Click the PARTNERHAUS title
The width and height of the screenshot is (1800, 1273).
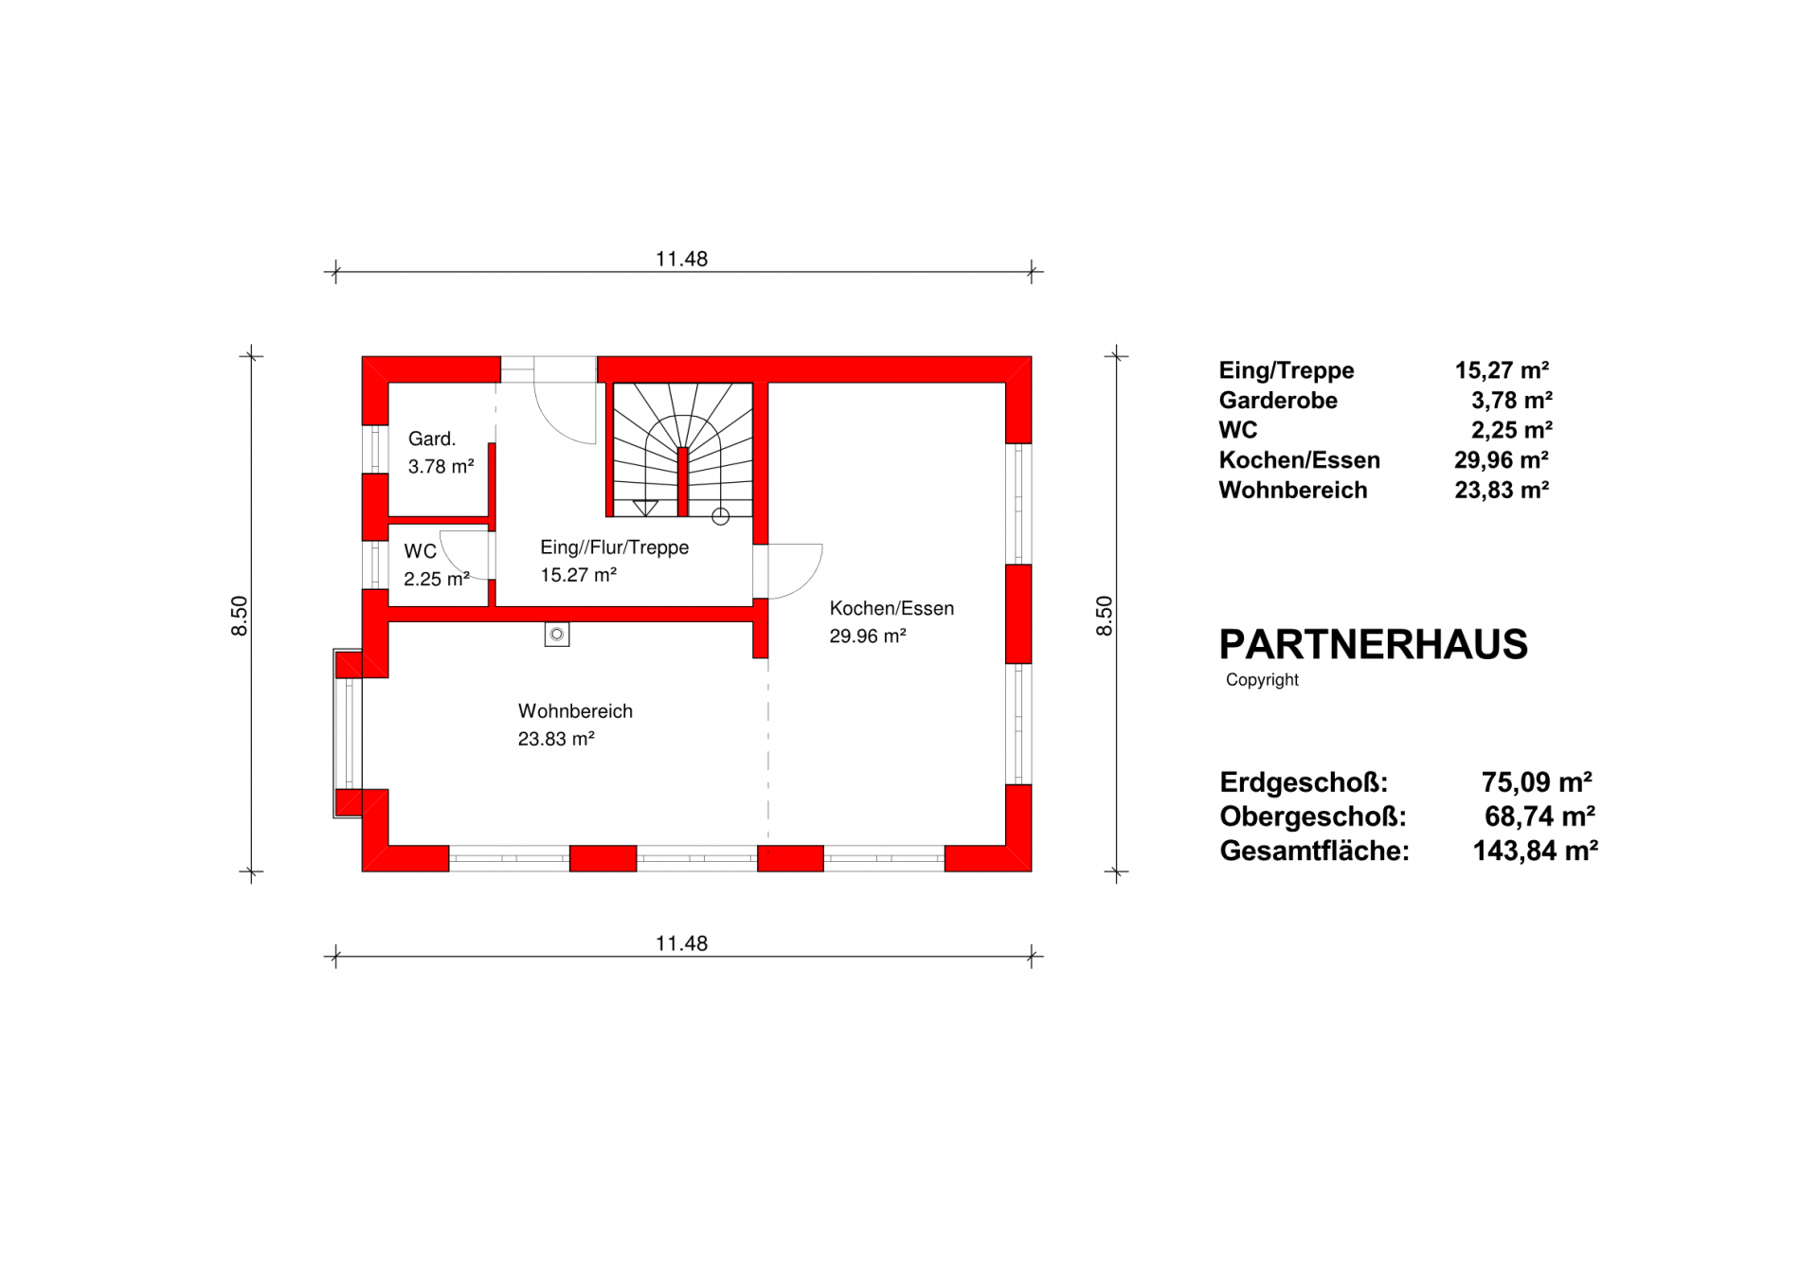pyautogui.click(x=1373, y=645)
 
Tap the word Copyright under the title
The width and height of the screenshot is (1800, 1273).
pyautogui.click(x=1262, y=680)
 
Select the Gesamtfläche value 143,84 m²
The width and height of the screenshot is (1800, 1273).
pyautogui.click(x=1535, y=851)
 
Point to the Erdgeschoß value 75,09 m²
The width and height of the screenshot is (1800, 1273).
pyautogui.click(x=1537, y=782)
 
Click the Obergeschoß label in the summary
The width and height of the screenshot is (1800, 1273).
pyautogui.click(x=1313, y=816)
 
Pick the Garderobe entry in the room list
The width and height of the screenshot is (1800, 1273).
pyautogui.click(x=1278, y=401)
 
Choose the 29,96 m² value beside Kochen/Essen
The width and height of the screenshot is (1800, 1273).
pyautogui.click(x=1502, y=460)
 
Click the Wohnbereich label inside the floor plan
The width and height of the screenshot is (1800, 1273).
pyautogui.click(x=575, y=711)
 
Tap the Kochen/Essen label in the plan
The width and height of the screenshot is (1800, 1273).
pyautogui.click(x=891, y=609)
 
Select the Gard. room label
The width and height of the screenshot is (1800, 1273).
pyautogui.click(x=432, y=439)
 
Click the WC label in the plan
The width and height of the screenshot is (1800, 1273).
pyautogui.click(x=420, y=551)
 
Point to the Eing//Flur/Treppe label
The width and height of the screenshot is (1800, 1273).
pyautogui.click(x=614, y=547)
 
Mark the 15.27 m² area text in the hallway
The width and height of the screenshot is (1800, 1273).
pyautogui.click(x=578, y=575)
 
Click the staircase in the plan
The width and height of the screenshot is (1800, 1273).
pyautogui.click(x=682, y=450)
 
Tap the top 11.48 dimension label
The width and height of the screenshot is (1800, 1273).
pyautogui.click(x=681, y=259)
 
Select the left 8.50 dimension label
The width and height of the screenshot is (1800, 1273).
pyautogui.click(x=239, y=616)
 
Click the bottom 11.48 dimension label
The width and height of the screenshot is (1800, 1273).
pyautogui.click(x=681, y=943)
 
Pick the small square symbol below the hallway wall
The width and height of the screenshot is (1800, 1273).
pyautogui.click(x=557, y=634)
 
